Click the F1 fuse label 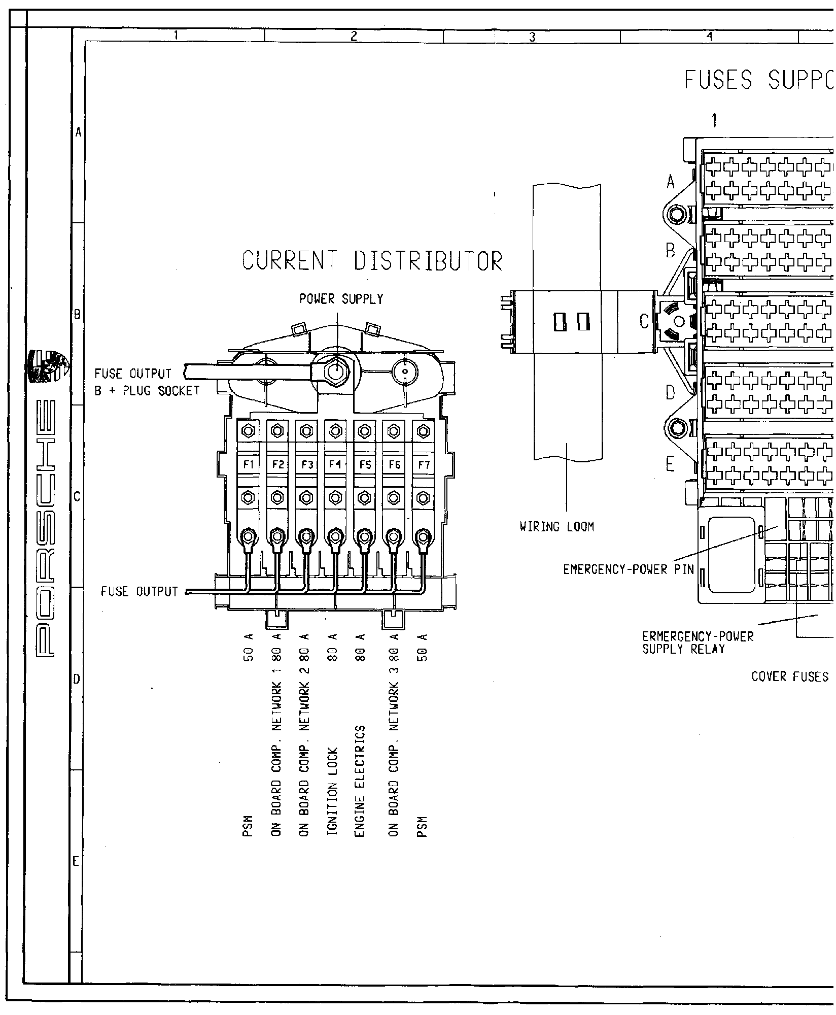click(x=248, y=464)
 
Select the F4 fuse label click(x=334, y=464)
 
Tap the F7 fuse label click(x=422, y=464)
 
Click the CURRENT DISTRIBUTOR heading click(x=372, y=261)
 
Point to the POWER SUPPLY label click(x=341, y=299)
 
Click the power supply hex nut click(x=334, y=373)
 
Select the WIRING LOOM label click(x=556, y=527)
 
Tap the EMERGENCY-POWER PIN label click(x=628, y=569)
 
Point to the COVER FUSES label click(x=789, y=676)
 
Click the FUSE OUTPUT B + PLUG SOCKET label click(x=147, y=383)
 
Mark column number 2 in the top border click(x=354, y=36)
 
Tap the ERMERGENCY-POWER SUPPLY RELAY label click(x=698, y=642)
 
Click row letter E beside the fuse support click(x=671, y=464)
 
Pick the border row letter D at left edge click(x=77, y=679)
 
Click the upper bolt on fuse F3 click(x=305, y=431)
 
